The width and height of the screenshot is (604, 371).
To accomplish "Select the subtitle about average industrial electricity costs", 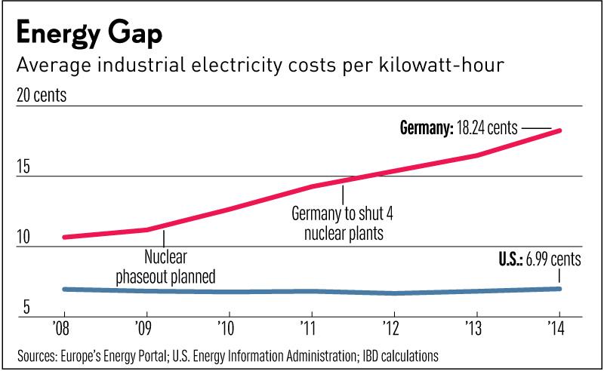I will [261, 66].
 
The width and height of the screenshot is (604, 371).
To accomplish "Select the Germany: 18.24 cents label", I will [458, 129].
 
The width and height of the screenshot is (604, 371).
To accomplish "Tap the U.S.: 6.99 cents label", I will [528, 260].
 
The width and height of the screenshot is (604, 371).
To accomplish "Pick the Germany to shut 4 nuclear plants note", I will [343, 224].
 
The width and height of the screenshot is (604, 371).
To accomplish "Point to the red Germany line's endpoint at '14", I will [559, 130].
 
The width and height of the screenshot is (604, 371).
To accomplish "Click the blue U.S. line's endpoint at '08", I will [65, 289].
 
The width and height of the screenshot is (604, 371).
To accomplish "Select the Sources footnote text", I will [228, 354].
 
